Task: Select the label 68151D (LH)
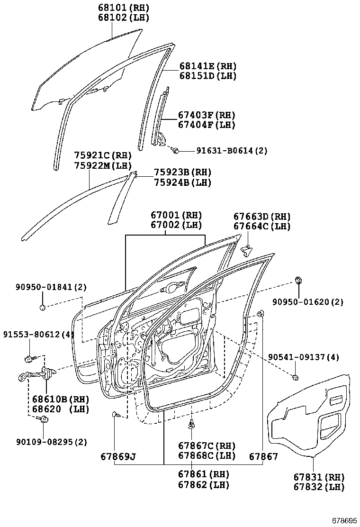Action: pos(207,76)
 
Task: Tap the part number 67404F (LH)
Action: pos(207,125)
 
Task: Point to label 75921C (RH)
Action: pos(103,155)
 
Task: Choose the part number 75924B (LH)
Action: pos(182,182)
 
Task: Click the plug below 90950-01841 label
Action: pos(43,308)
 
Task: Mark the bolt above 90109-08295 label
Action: pos(44,419)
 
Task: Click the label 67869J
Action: pos(118,457)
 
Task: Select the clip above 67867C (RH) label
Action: pos(191,425)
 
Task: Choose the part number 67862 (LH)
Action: pos(204,485)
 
